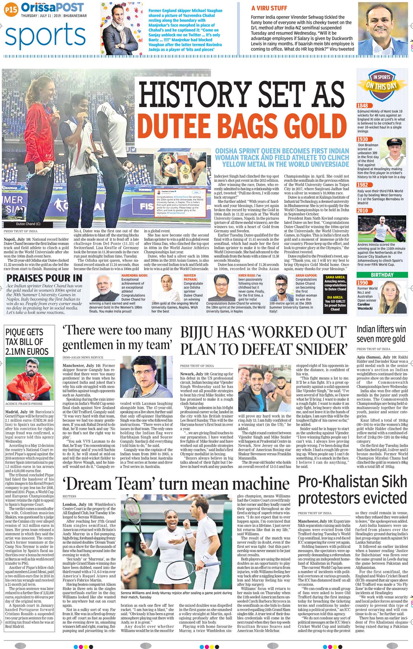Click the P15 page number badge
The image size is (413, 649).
pos(11,10)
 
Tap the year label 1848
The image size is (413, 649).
pos(363,105)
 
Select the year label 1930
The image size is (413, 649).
pos(363,139)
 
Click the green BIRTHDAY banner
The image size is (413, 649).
pos(382,275)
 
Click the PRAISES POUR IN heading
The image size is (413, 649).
pos(44,278)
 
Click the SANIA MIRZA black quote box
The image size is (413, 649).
pos(335,283)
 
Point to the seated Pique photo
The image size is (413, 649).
pos(29,379)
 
